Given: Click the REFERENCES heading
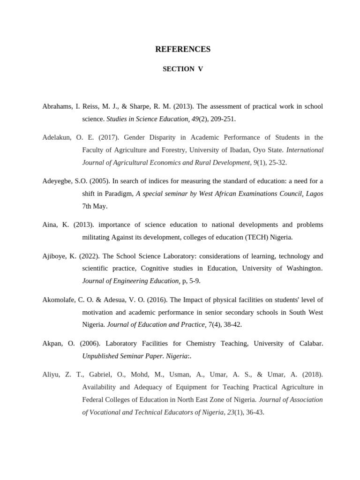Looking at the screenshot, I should point(183,49).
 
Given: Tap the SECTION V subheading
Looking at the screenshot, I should point(183,69).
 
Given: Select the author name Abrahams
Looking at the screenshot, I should point(57,106).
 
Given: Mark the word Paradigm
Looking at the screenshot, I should point(117,194).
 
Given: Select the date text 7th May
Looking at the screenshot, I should point(95,206).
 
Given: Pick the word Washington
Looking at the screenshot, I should point(303,269).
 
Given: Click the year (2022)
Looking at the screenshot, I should point(89,256).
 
